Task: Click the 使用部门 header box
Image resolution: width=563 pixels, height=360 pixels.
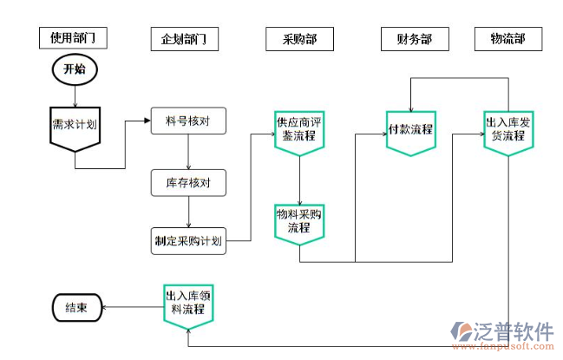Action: tap(72, 38)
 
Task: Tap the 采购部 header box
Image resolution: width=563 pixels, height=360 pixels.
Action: tap(298, 39)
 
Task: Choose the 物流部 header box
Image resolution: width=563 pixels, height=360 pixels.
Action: tap(507, 39)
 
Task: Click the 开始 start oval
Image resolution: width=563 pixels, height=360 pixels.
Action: tap(74, 69)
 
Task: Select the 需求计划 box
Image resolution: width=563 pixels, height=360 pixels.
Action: tap(74, 125)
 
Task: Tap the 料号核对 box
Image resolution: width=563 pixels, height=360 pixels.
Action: tap(188, 121)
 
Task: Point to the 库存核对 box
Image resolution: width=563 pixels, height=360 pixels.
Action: tap(188, 183)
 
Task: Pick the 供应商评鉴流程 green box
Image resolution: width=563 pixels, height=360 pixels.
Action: tap(299, 130)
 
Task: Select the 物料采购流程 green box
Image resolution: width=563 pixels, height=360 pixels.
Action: tap(299, 221)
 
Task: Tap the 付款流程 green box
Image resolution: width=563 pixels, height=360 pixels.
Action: tap(410, 130)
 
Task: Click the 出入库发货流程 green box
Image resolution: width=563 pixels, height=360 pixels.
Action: tap(507, 130)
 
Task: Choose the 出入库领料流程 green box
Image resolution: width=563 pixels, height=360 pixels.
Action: tap(188, 304)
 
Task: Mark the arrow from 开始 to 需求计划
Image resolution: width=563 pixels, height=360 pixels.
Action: tap(74, 95)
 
